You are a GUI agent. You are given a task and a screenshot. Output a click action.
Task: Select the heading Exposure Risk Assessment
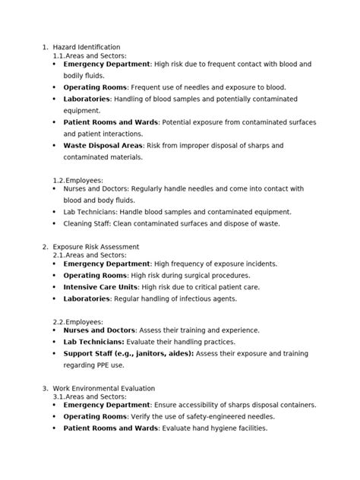coord(96,247)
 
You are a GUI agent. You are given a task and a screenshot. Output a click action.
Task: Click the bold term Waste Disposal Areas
coord(102,145)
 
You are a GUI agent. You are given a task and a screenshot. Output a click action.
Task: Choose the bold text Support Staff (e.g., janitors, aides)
coord(128,353)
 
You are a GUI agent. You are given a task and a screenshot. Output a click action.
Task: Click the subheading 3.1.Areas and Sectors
coord(90,396)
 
